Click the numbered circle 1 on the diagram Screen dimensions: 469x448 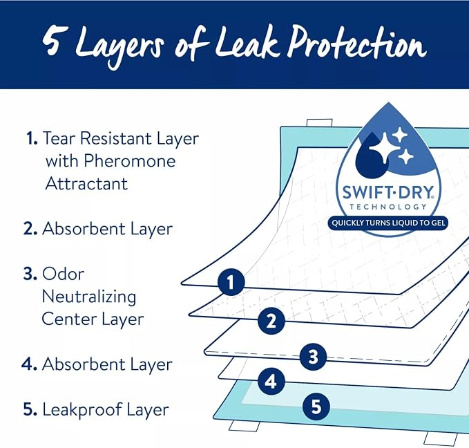[231, 282]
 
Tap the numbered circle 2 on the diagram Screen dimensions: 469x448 [271, 321]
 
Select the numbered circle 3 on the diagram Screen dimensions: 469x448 [313, 356]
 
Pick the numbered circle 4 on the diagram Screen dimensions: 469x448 [271, 381]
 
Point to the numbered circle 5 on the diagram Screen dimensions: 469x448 [316, 407]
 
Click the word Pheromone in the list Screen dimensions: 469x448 [130, 161]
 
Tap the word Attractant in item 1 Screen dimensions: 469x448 [86, 183]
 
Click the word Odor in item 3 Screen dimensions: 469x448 [63, 274]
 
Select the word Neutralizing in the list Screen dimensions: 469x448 [89, 297]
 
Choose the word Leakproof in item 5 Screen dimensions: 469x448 [82, 410]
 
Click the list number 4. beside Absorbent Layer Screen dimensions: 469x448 [29, 364]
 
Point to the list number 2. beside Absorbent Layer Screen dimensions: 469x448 [30, 229]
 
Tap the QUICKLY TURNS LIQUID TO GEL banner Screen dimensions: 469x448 [388, 223]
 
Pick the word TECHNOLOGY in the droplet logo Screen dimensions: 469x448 [388, 207]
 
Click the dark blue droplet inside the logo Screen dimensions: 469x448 [371, 155]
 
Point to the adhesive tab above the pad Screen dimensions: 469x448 [319, 123]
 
